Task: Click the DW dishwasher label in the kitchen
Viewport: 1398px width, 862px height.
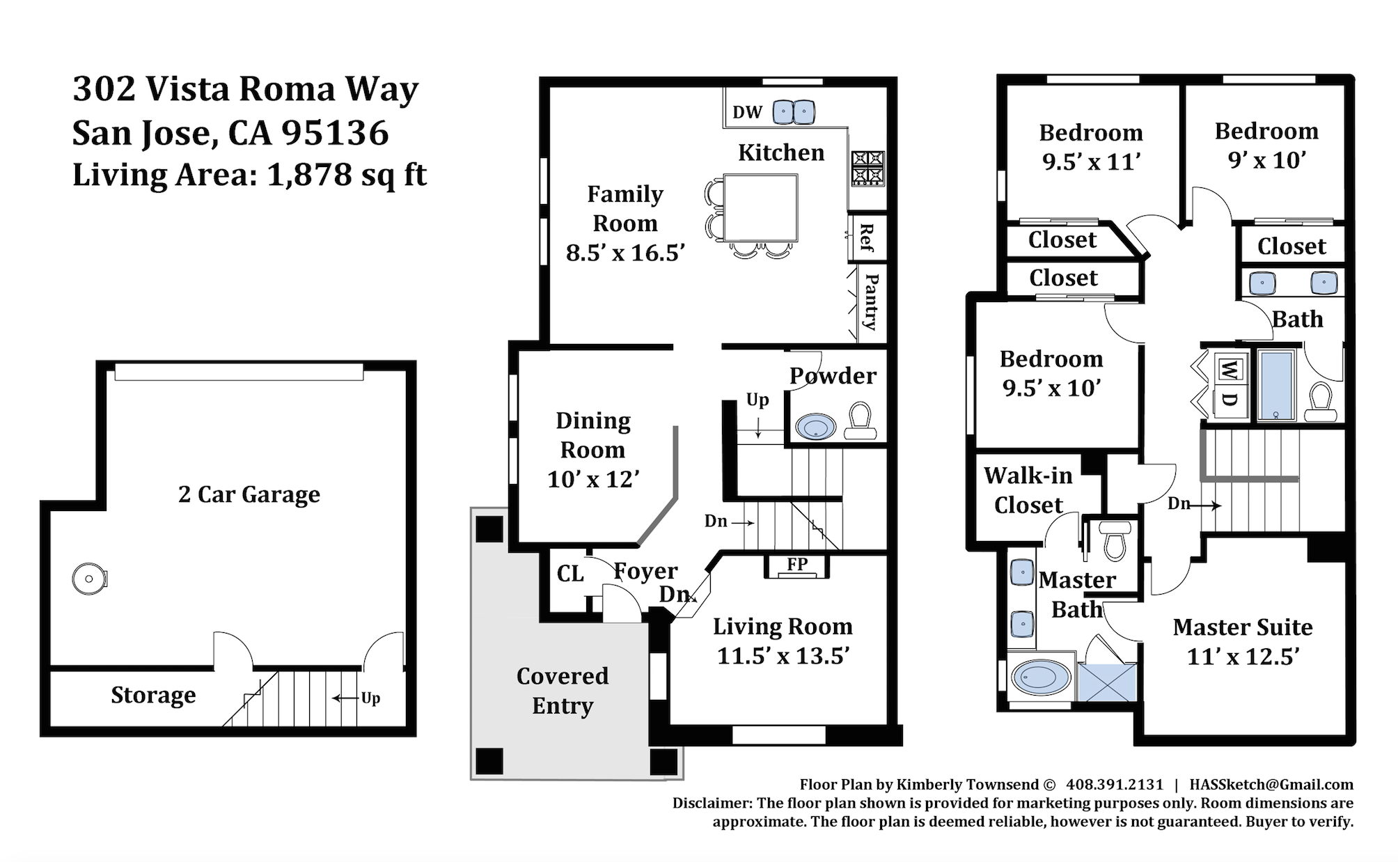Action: pos(747,112)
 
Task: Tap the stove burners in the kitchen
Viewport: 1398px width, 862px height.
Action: pos(867,169)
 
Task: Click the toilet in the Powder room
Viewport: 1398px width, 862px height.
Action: pos(861,420)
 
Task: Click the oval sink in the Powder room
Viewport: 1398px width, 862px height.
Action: pos(815,427)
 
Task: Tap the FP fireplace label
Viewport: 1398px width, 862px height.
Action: pos(797,564)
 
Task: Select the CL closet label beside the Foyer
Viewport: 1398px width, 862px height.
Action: pos(570,574)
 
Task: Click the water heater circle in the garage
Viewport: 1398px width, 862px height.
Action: pos(90,579)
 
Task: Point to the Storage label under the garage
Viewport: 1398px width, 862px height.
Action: pos(153,695)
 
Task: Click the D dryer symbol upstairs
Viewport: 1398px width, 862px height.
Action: pos(1230,399)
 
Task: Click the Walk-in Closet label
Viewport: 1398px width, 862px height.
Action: pos(1028,490)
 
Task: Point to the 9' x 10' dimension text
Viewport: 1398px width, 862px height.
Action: pos(1267,160)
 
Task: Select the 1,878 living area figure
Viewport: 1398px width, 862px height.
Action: pos(310,175)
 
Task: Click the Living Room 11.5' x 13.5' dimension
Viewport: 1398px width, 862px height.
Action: pos(783,656)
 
